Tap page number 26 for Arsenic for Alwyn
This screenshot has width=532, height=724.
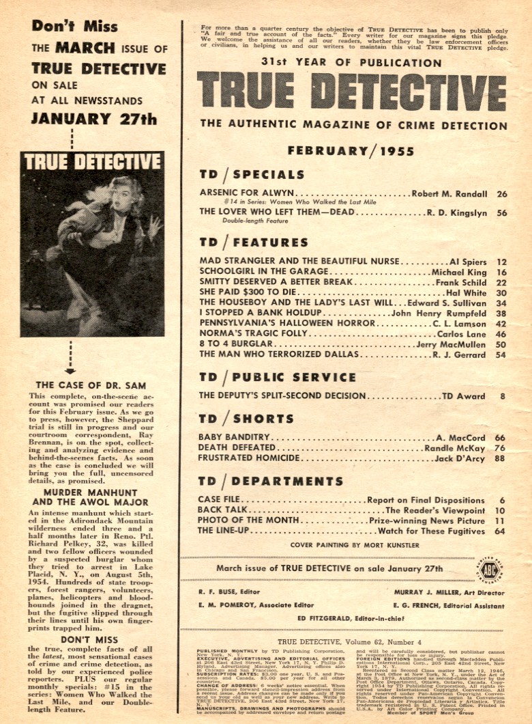tap(502, 193)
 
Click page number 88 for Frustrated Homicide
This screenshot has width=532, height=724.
tap(502, 460)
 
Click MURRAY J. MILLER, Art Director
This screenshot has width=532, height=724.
tap(447, 592)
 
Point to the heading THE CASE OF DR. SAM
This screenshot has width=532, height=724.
tap(91, 385)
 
